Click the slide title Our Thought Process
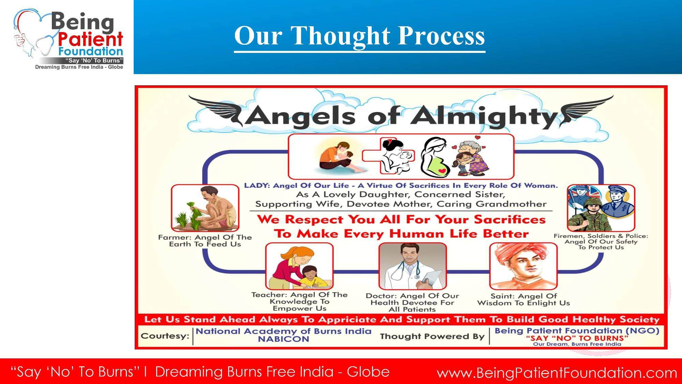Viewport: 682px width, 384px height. (x=359, y=36)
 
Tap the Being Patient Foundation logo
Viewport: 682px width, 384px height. (x=69, y=39)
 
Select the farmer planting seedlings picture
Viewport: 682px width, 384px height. (x=205, y=208)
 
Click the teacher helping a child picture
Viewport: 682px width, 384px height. (x=299, y=266)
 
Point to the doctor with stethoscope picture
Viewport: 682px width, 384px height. (x=413, y=266)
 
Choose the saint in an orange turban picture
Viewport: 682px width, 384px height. (x=523, y=266)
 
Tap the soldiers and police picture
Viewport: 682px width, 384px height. (x=601, y=208)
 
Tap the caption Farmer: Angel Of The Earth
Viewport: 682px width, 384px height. (x=205, y=241)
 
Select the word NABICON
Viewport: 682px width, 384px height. (x=283, y=339)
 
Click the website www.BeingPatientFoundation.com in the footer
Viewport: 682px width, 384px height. (x=557, y=373)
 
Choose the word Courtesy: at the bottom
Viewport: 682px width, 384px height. (x=165, y=336)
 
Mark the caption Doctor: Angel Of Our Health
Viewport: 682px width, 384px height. (x=413, y=302)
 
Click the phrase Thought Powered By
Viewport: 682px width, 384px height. (x=432, y=337)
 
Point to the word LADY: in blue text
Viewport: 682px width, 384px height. (x=257, y=186)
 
